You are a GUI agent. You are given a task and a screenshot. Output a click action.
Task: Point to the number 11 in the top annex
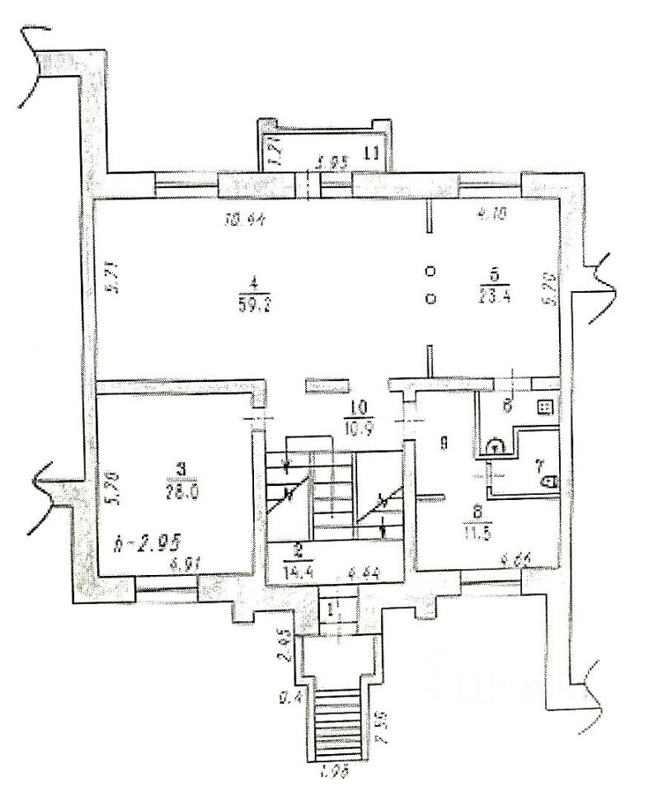[x=372, y=151]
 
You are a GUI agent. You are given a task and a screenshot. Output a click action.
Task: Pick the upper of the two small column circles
[x=430, y=271]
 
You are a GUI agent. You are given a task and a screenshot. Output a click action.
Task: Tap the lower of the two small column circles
[x=430, y=299]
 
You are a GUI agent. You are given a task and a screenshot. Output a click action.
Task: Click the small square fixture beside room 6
[x=544, y=407]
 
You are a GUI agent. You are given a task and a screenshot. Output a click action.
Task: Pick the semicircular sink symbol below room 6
[x=496, y=446]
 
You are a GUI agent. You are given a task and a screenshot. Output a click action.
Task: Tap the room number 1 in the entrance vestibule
[x=331, y=611]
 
